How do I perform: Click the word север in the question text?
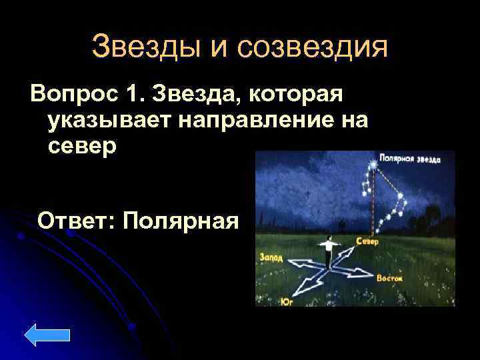82,145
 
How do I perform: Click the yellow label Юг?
288,302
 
